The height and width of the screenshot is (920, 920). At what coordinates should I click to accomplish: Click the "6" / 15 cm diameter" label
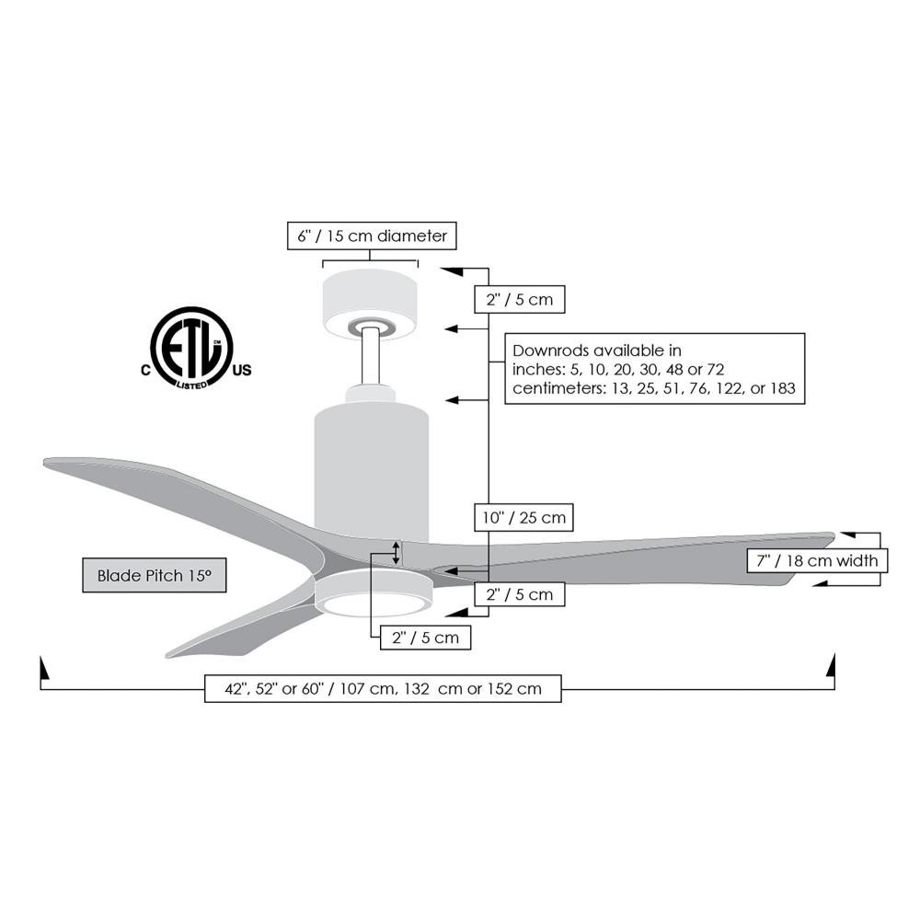coord(372,236)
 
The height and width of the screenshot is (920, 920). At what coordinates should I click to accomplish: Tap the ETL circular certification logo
coord(191,348)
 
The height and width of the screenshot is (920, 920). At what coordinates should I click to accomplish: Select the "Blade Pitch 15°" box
coord(155,575)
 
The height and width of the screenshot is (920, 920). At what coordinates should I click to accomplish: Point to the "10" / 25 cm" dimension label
coord(523,517)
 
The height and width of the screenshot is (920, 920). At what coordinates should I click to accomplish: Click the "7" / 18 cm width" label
coord(817,560)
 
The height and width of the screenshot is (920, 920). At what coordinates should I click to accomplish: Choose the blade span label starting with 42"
coord(383,688)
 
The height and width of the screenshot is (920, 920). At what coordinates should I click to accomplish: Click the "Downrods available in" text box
coord(655,369)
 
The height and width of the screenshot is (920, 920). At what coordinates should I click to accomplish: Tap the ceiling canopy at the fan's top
coord(370,305)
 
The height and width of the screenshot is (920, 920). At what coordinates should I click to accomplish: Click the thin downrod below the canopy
coord(370,357)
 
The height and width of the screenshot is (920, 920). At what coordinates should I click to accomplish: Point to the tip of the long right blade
coord(834,535)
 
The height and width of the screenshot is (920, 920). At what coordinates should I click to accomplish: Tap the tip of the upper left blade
coord(44,463)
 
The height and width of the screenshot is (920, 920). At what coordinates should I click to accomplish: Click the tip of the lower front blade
coord(167,655)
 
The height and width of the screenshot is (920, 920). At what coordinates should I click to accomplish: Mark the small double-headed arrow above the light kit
coord(396,553)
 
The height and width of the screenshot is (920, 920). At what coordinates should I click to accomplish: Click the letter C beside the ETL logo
coord(145,370)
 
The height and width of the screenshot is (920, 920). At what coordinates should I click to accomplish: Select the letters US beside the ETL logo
coord(242,370)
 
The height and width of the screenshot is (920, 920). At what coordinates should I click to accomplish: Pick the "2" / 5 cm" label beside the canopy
coord(519,299)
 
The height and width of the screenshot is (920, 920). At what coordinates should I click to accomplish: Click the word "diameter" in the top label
coord(412,236)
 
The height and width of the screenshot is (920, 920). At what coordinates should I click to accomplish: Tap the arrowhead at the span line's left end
coord(42,667)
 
